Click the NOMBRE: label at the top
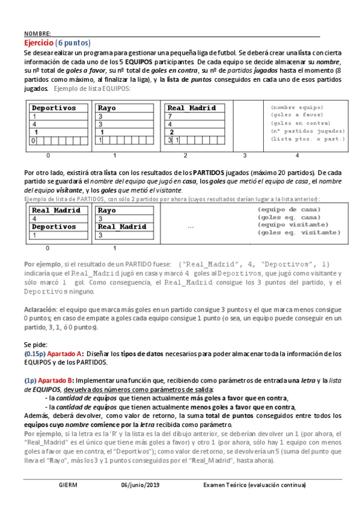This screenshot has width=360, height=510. point(37,33)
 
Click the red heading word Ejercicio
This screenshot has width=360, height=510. point(38,43)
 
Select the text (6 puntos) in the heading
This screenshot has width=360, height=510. point(73,43)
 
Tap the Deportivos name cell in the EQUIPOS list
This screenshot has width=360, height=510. point(54,108)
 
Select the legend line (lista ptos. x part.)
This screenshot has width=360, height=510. point(308,139)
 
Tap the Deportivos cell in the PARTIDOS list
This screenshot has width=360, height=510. point(54,227)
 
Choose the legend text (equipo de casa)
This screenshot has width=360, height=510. point(288,209)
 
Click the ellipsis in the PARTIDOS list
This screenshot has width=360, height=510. point(191,227)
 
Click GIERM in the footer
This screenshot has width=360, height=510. point(67,484)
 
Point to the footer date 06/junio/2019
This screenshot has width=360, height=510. point(141,484)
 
